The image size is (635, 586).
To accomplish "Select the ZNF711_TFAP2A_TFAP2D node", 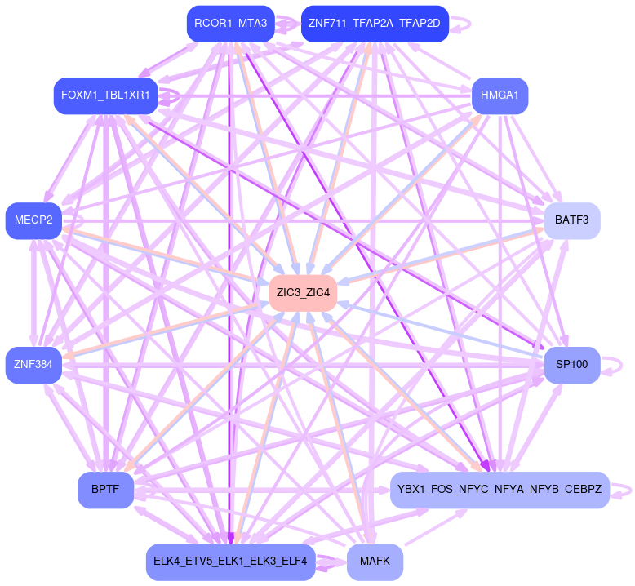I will tap(374, 24).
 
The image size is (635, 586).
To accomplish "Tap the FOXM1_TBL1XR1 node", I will tap(105, 95).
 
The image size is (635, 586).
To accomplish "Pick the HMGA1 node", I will tap(500, 95).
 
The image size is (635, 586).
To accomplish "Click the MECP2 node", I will tap(33, 220).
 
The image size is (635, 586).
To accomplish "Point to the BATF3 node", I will tap(571, 220).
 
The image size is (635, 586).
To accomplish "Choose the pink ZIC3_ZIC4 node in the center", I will tap(303, 292).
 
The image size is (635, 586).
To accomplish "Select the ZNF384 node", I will tap(33, 365).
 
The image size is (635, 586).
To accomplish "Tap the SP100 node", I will tap(571, 365).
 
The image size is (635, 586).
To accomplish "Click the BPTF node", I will tap(105, 490).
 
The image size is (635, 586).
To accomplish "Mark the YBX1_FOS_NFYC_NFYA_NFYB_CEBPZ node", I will tap(500, 490).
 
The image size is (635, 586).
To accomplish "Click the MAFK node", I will tap(375, 562).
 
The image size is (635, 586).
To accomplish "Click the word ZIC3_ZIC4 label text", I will tap(303, 292).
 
